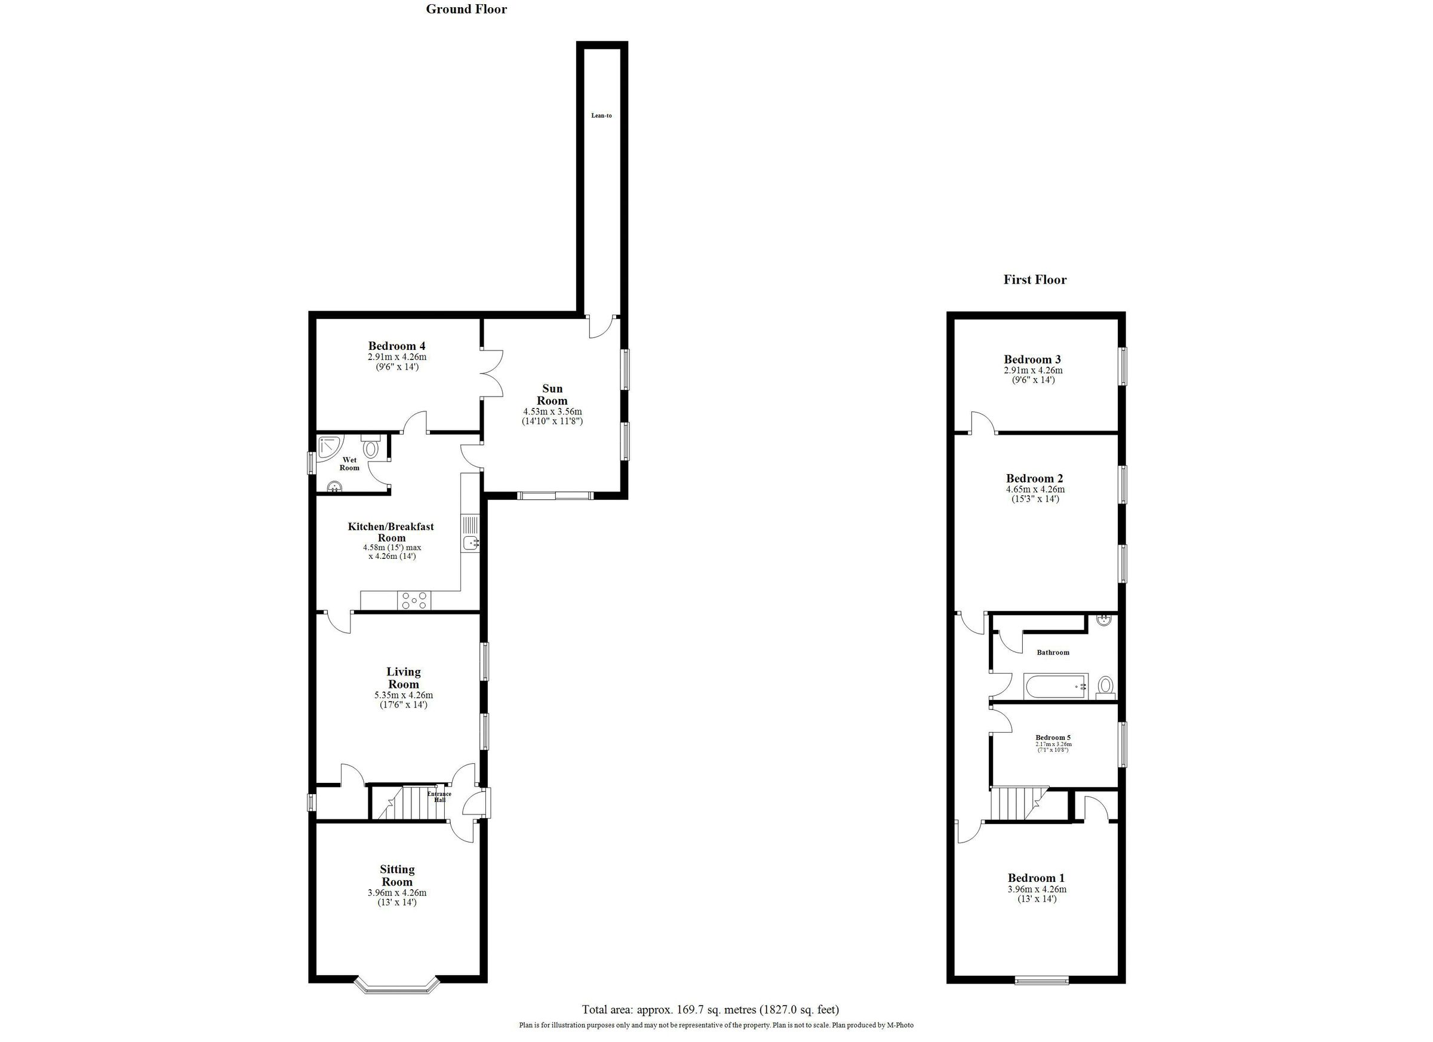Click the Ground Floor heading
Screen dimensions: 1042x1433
coord(466,9)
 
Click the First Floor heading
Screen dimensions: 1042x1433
coord(1034,279)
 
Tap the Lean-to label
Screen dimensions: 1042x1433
coord(601,116)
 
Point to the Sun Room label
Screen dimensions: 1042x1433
coord(552,394)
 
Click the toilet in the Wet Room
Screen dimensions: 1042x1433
coord(370,447)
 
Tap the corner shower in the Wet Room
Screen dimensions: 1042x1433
coord(330,447)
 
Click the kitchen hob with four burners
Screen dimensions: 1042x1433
coord(413,600)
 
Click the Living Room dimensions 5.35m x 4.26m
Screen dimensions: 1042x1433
coord(403,695)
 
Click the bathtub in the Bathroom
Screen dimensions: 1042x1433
coord(1055,686)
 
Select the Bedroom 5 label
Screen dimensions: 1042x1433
coord(1053,737)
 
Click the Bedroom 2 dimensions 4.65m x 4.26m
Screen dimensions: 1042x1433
coord(1035,489)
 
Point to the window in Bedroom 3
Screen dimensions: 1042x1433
coord(1123,366)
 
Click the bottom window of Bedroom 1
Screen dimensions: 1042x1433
coord(1042,980)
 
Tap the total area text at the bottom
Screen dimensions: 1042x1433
coord(710,1010)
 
